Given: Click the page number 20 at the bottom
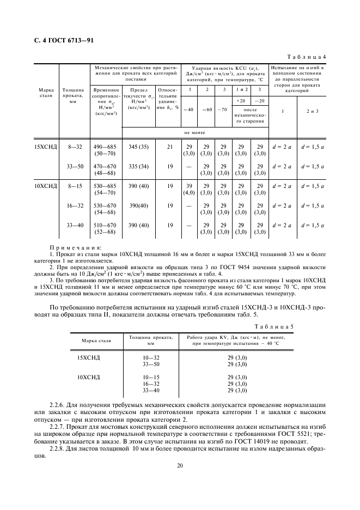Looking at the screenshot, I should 179,465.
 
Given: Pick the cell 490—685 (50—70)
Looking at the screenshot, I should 106,151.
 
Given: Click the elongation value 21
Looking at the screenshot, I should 169,147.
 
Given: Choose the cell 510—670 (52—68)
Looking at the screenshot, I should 106,229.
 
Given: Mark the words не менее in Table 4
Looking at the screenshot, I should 194,132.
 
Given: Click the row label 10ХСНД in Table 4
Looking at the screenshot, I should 46,186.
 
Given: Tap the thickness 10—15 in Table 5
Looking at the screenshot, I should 151,377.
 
